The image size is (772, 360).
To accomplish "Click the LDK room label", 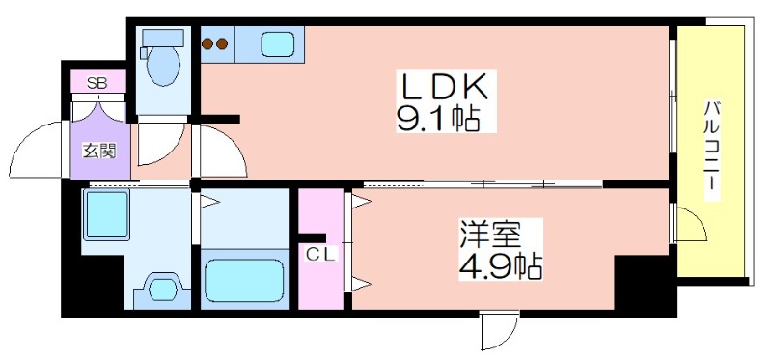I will click(x=447, y=87).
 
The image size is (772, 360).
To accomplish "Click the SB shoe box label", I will click(x=97, y=82).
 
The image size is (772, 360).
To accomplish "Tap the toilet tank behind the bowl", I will click(x=156, y=38).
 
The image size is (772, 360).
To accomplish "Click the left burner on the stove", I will click(x=207, y=43).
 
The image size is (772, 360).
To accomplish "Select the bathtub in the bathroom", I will click(x=246, y=280).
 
